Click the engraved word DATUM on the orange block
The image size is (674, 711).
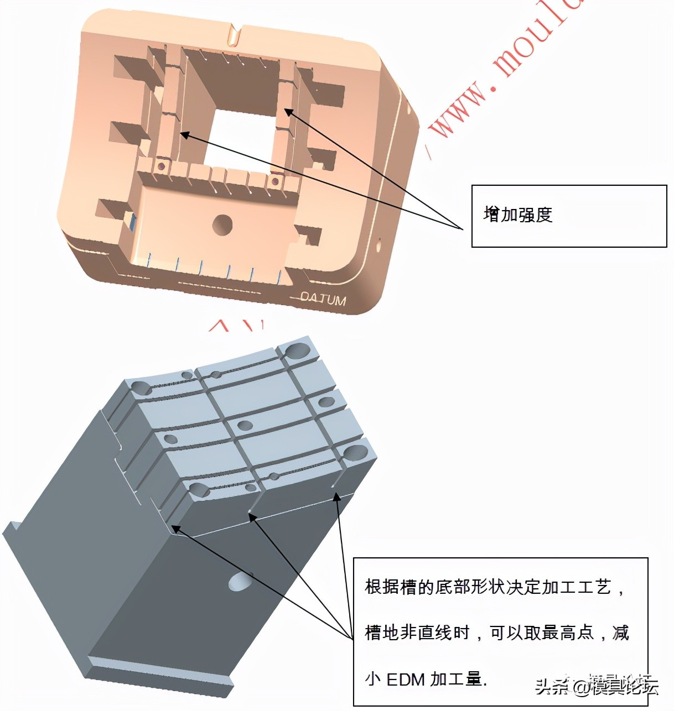pyautogui.click(x=324, y=299)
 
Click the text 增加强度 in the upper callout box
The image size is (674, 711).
pyautogui.click(x=518, y=215)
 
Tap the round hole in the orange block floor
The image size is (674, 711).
pyautogui.click(x=222, y=224)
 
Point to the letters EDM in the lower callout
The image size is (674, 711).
pyautogui.click(x=406, y=679)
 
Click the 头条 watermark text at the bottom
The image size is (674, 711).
pyautogui.click(x=551, y=687)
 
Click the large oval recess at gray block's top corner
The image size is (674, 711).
pyautogui.click(x=297, y=349)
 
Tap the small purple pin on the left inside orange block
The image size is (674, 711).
pyautogui.click(x=161, y=165)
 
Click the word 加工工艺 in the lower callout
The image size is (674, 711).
pyautogui.click(x=576, y=587)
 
